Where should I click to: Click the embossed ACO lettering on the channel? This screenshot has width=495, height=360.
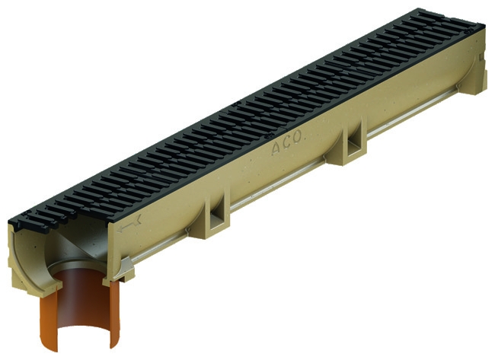click(288, 144)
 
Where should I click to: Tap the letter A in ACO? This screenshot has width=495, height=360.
click(276, 149)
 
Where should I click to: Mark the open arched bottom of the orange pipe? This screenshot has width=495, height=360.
click(83, 334)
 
